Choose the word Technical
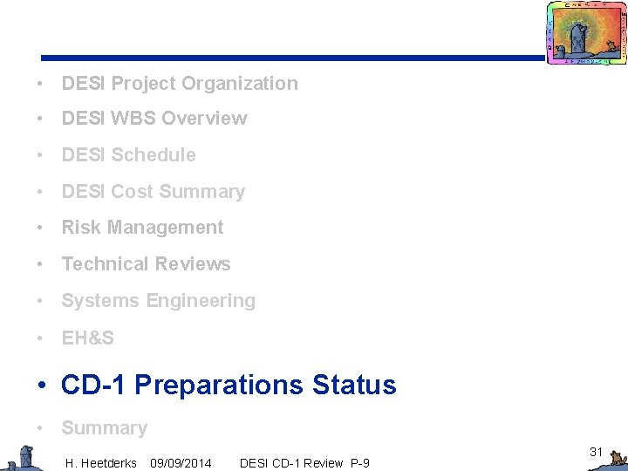(x=103, y=264)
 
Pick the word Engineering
(x=201, y=301)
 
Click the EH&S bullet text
(x=87, y=338)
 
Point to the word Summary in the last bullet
(x=104, y=428)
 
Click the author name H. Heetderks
(x=101, y=463)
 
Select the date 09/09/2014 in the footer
(x=181, y=463)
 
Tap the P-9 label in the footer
(x=358, y=463)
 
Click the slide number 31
(x=597, y=452)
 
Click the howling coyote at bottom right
(x=617, y=460)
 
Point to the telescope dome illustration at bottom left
(x=24, y=458)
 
